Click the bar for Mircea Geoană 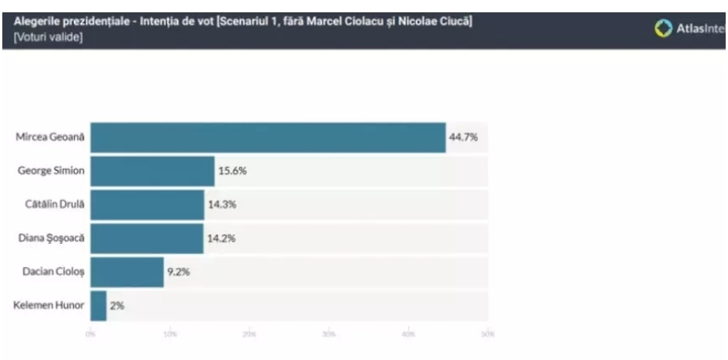tap(268, 138)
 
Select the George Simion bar tap(152, 171)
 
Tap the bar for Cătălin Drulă tap(147, 205)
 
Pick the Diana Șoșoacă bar tap(147, 238)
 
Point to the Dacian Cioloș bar tap(127, 272)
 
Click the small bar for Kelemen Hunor tap(99, 305)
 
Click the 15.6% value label tap(232, 171)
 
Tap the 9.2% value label tap(179, 272)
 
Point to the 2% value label tap(117, 305)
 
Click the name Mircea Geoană tap(48, 138)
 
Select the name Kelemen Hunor tap(48, 305)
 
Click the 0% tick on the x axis tap(91, 333)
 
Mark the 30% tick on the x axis tap(329, 333)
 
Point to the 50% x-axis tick tap(487, 333)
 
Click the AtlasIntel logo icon tap(663, 27)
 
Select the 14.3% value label tap(222, 205)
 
